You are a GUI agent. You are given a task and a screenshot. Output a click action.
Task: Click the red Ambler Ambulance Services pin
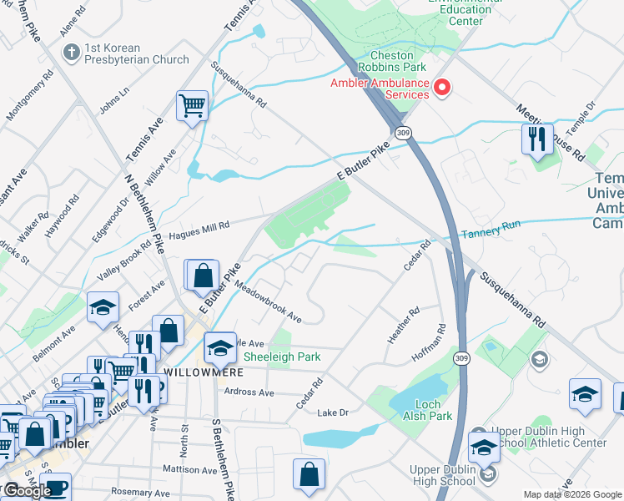click(442, 88)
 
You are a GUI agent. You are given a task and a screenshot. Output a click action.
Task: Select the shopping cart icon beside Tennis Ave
click(192, 106)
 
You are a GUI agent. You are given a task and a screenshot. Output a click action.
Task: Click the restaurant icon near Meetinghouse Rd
click(536, 138)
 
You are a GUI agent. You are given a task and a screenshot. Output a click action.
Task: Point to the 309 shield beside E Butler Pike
click(404, 133)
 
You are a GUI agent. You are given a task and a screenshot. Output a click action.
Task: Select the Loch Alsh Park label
click(428, 410)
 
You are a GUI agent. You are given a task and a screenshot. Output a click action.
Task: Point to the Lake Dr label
click(332, 412)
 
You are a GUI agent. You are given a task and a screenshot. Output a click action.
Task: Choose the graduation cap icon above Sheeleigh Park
click(220, 347)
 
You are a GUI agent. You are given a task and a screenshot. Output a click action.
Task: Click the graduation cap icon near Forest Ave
click(103, 307)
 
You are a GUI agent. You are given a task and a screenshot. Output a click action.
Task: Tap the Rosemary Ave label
click(141, 493)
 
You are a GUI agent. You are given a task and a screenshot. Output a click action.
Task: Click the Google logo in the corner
click(28, 491)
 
